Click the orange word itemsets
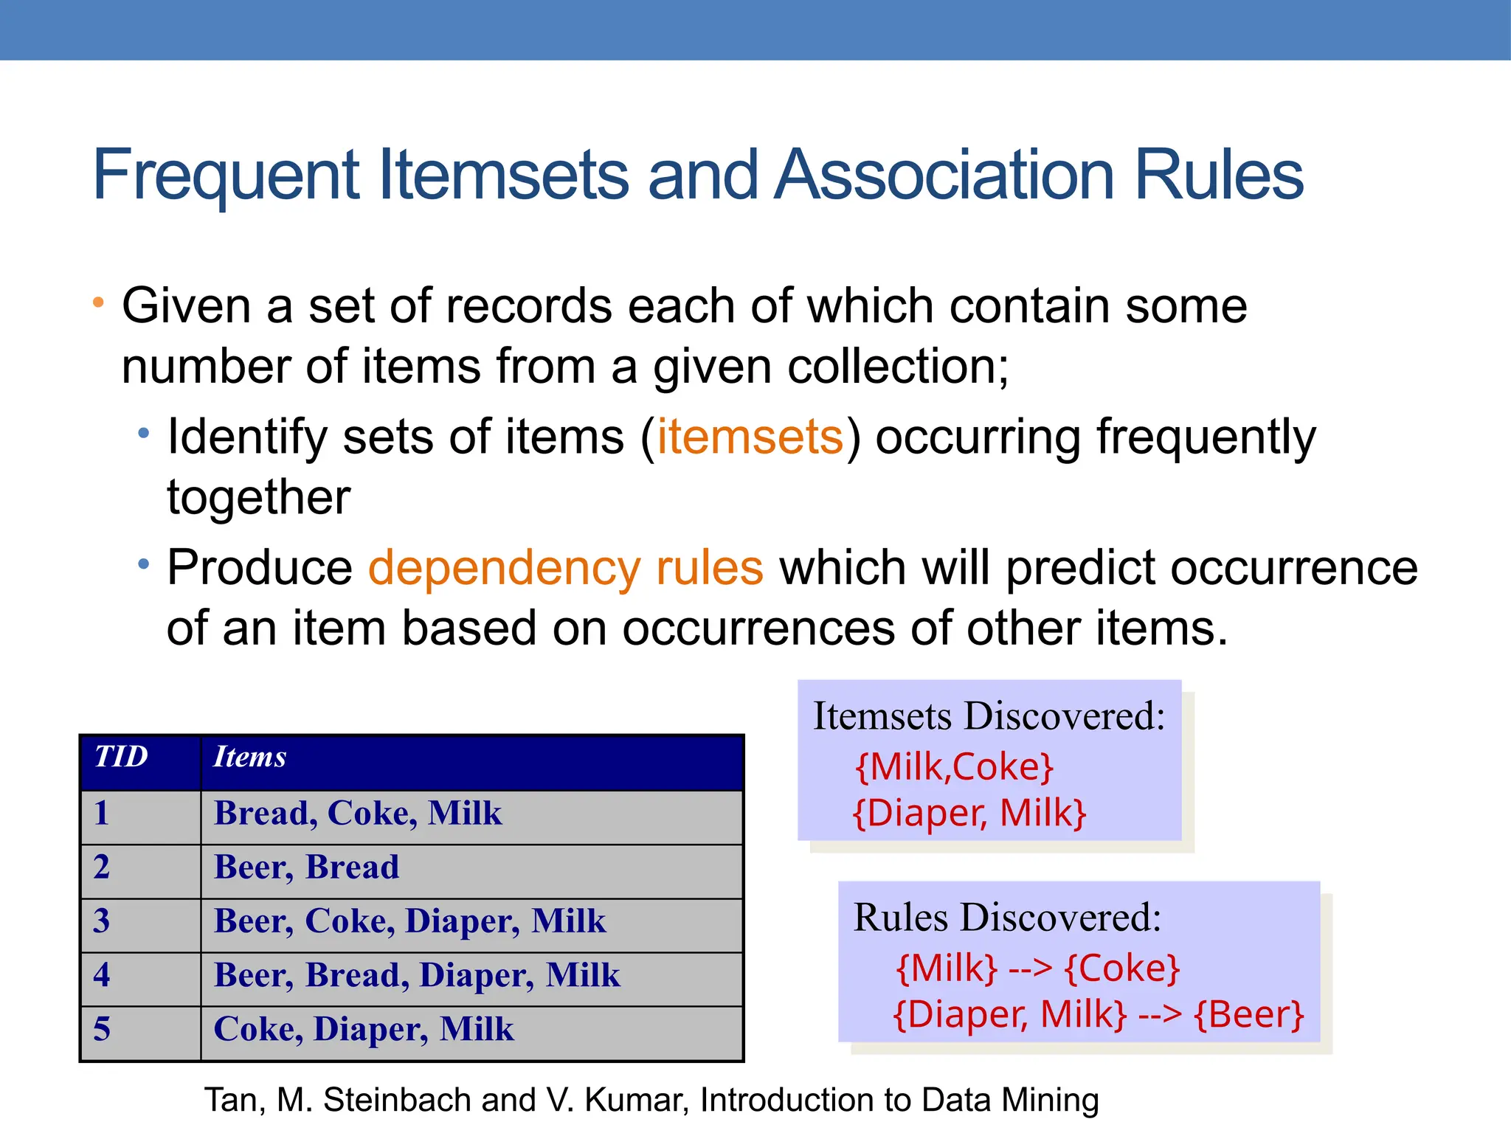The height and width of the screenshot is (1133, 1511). coord(750,437)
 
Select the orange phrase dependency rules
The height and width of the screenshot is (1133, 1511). coord(565,568)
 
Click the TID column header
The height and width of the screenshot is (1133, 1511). coord(121,758)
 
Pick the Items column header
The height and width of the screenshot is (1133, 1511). coord(249,758)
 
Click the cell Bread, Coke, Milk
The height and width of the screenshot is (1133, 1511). coord(358,814)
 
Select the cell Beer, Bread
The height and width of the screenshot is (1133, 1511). coord(306,867)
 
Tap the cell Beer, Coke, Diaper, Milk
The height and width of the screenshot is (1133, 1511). coord(409,921)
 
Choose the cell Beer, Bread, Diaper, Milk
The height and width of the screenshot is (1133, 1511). coord(417,975)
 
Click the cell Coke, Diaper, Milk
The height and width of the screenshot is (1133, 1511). coord(364,1029)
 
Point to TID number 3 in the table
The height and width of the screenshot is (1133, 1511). coord(102,921)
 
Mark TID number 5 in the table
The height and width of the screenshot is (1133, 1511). coord(102,1029)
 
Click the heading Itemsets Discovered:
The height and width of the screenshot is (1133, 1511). coord(989,716)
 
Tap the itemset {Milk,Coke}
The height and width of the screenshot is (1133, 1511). coord(954,767)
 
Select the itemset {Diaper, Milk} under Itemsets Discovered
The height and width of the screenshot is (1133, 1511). coord(969,814)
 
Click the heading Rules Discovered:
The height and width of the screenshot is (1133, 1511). coord(1007,918)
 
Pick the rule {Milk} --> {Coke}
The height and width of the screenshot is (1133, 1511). coord(1037,969)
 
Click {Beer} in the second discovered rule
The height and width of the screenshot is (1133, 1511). coord(1249,1015)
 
